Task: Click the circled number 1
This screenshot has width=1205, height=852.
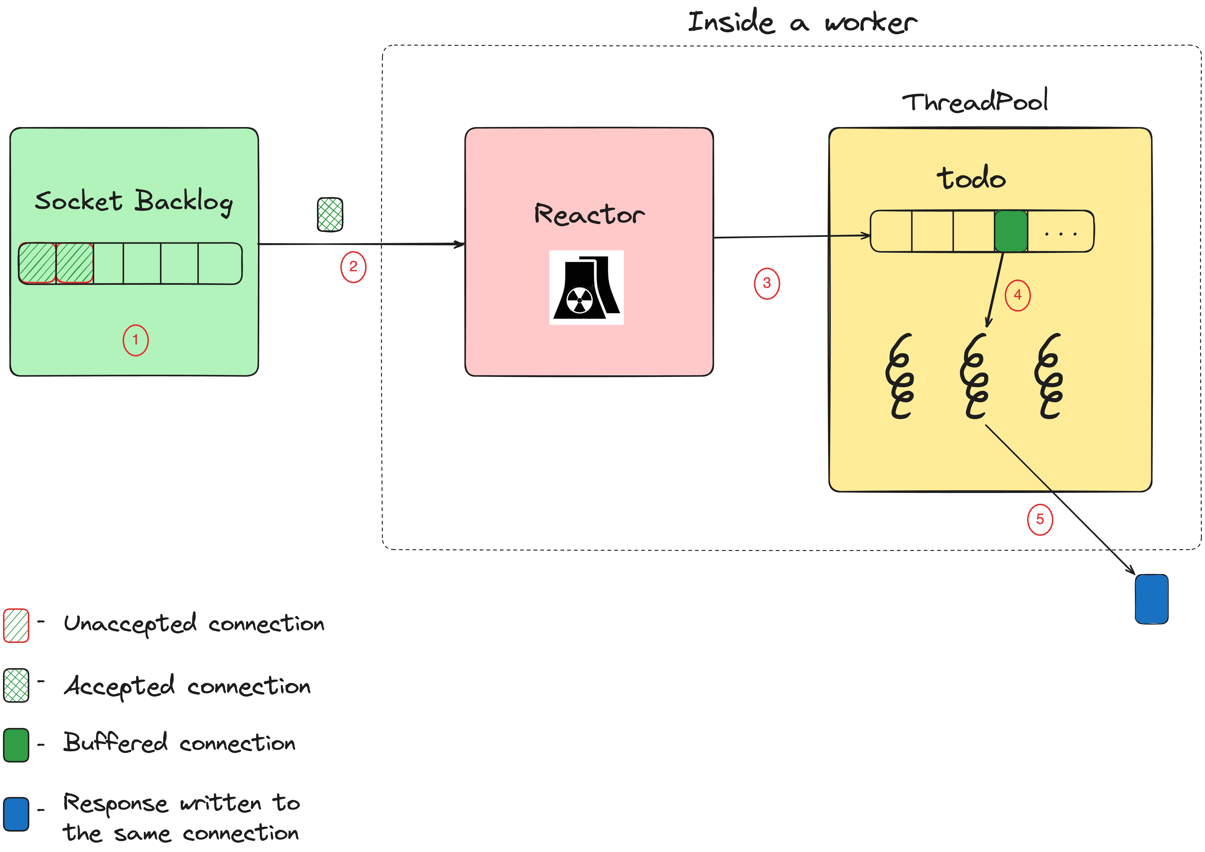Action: (135, 340)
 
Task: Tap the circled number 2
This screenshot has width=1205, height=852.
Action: (353, 267)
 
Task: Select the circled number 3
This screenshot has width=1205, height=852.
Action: (767, 283)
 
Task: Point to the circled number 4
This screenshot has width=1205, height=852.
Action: (1017, 295)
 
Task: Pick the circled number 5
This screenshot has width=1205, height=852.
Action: (1040, 519)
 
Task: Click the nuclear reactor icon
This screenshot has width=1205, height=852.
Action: (586, 288)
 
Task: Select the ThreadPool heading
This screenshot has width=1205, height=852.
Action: (975, 101)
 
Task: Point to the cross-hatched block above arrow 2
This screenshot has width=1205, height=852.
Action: (330, 214)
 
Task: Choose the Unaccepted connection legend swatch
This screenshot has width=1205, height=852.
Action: (16, 625)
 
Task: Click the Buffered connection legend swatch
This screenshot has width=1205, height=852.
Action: (16, 745)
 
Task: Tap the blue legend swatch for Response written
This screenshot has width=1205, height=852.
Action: (16, 814)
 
